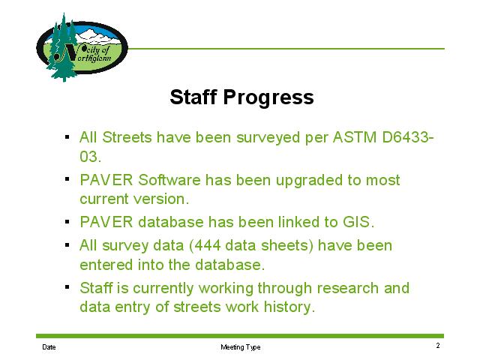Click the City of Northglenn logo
[x=82, y=47]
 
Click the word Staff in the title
[x=193, y=97]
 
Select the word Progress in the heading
[x=268, y=98]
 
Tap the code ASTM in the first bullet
[x=354, y=137]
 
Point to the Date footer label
[x=49, y=347]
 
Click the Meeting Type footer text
[x=241, y=347]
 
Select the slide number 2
[x=438, y=346]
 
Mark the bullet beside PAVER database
[x=67, y=221]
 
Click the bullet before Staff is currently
[x=67, y=287]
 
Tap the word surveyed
[x=268, y=138]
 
